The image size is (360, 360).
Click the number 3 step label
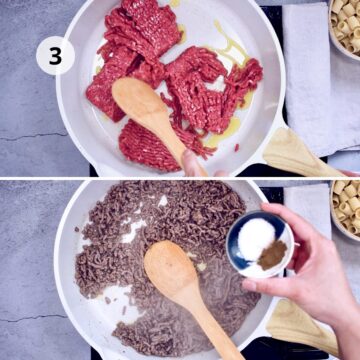(55, 56)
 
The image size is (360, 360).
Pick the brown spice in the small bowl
(272, 254)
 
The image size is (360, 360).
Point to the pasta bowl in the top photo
(345, 25)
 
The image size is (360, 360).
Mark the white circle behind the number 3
(41, 45)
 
